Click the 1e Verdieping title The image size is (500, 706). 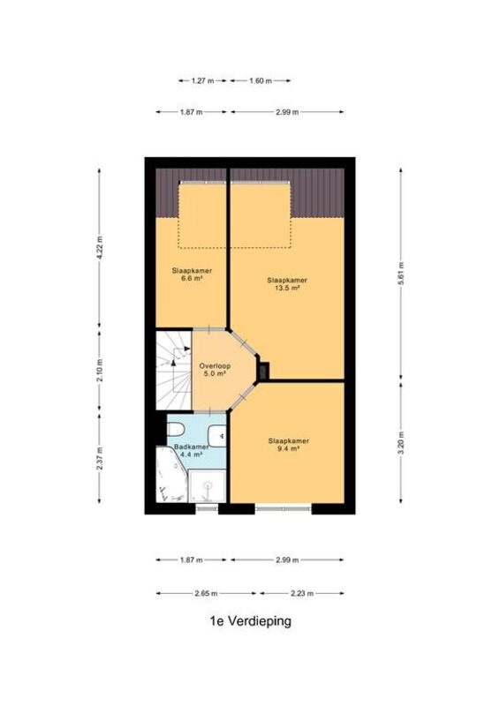pyautogui.click(x=251, y=622)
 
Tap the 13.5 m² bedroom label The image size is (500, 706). pyautogui.click(x=287, y=283)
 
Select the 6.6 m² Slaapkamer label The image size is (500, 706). pyautogui.click(x=192, y=274)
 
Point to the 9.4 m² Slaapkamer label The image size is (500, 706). pyautogui.click(x=289, y=445)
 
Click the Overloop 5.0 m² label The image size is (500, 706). pyautogui.click(x=215, y=370)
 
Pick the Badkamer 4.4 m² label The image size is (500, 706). pyautogui.click(x=191, y=451)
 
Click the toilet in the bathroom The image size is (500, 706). pyautogui.click(x=175, y=429)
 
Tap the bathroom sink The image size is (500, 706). pyautogui.click(x=217, y=435)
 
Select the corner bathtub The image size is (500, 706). pyautogui.click(x=170, y=474)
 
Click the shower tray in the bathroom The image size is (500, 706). pyautogui.click(x=207, y=486)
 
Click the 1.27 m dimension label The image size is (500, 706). pyautogui.click(x=202, y=81)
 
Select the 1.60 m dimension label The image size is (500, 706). pyautogui.click(x=261, y=81)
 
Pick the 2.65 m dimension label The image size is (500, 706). pyautogui.click(x=206, y=593)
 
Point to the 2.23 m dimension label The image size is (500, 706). pyautogui.click(x=302, y=593)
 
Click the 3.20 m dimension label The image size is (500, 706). pyautogui.click(x=401, y=443)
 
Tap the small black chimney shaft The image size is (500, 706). pyautogui.click(x=264, y=371)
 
